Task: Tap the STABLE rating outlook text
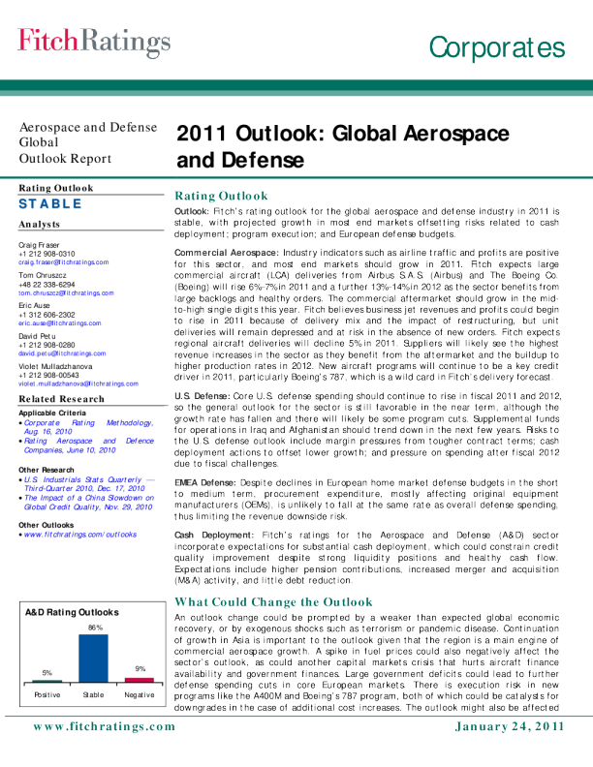point(50,204)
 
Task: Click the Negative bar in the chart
point(140,679)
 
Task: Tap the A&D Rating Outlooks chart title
point(72,612)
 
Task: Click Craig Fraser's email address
point(65,262)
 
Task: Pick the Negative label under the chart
point(140,695)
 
